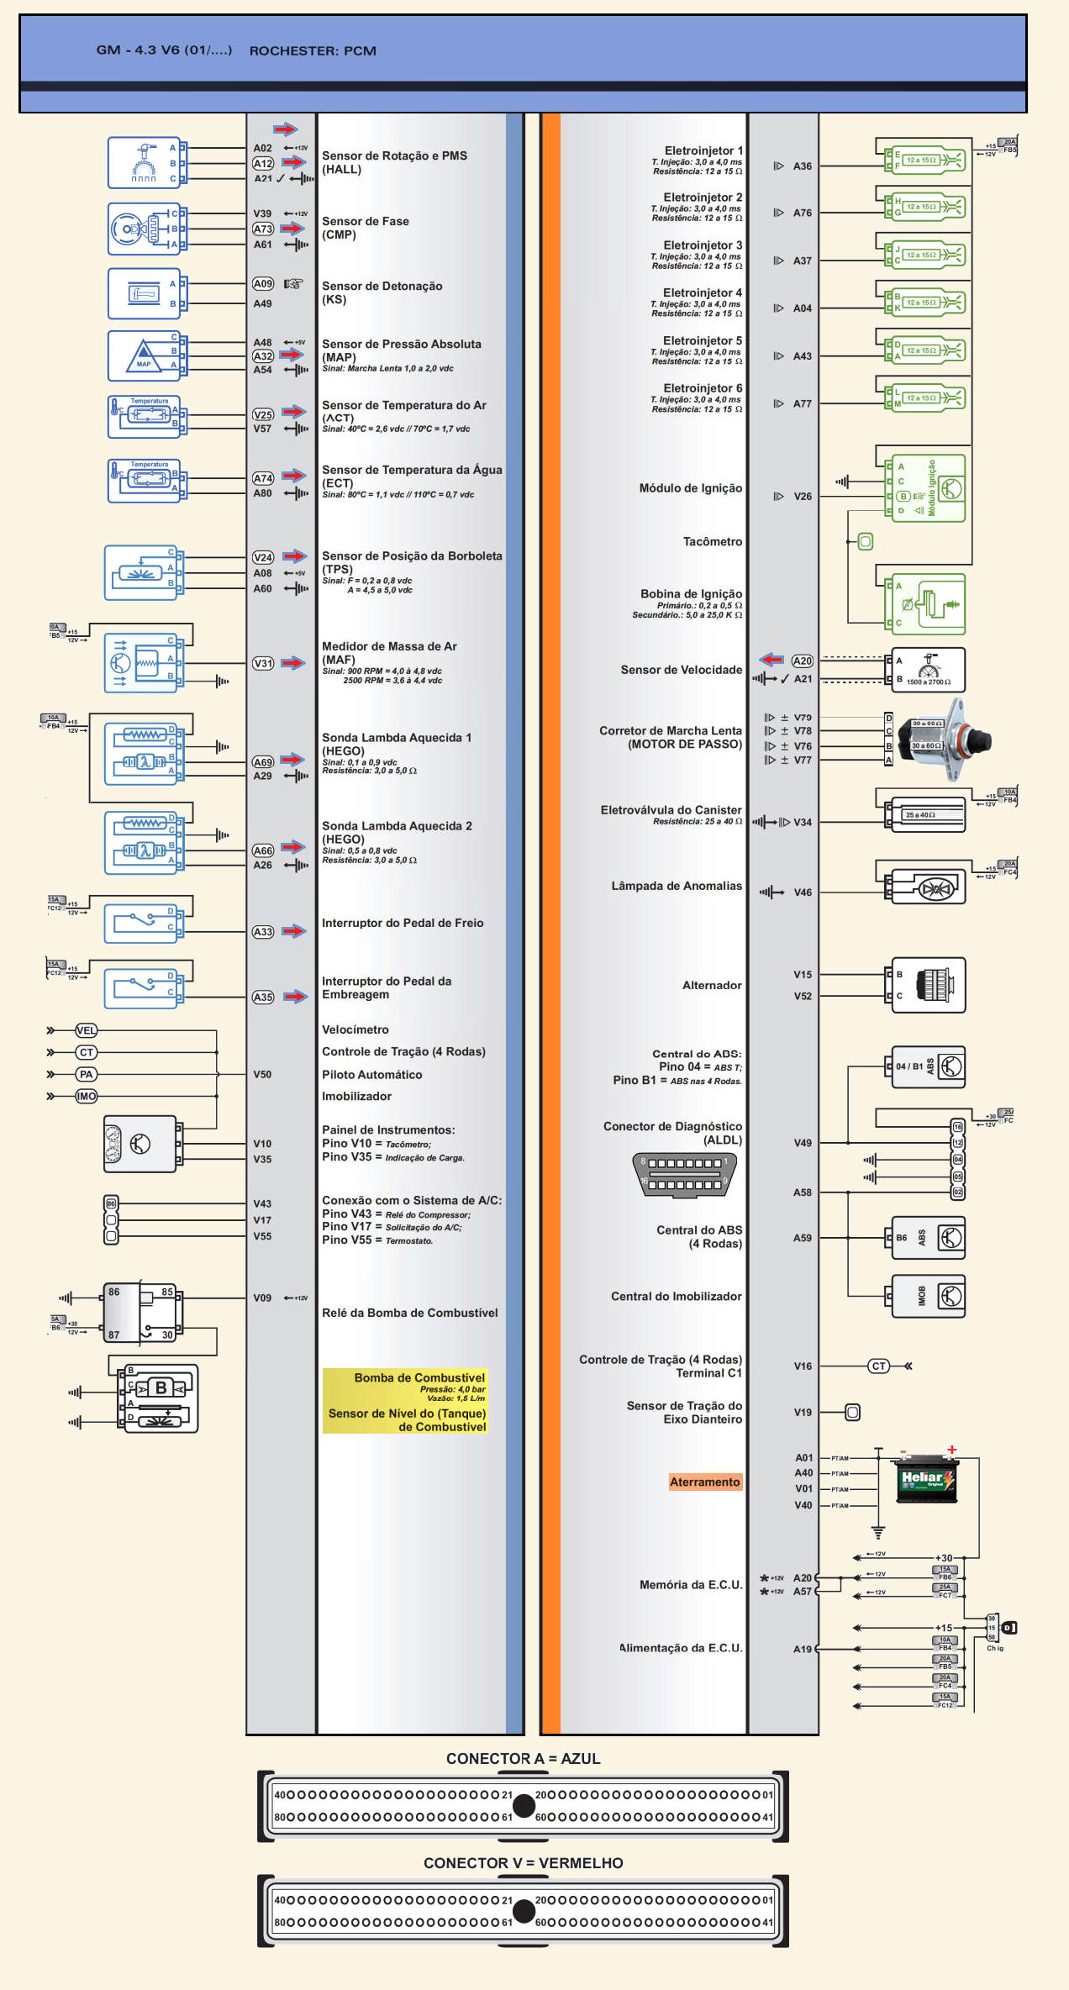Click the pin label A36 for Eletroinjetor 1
click(x=803, y=166)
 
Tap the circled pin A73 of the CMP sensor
click(x=263, y=229)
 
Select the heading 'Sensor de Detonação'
click(x=382, y=287)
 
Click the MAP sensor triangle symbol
click(x=144, y=356)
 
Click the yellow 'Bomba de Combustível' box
click(x=405, y=1401)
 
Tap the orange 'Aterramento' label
click(x=704, y=1482)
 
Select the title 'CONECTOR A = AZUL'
click(x=523, y=1759)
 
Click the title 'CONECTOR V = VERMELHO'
click(x=523, y=1863)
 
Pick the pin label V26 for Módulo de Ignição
click(x=803, y=497)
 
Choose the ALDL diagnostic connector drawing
click(x=684, y=1174)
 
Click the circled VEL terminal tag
click(x=86, y=1030)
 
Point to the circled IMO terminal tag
click(x=86, y=1096)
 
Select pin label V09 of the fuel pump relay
click(x=262, y=1298)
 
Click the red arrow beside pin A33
click(x=294, y=931)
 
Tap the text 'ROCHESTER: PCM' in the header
click(x=313, y=50)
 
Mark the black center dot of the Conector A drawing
click(x=524, y=1805)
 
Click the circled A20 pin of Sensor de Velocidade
click(x=803, y=661)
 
